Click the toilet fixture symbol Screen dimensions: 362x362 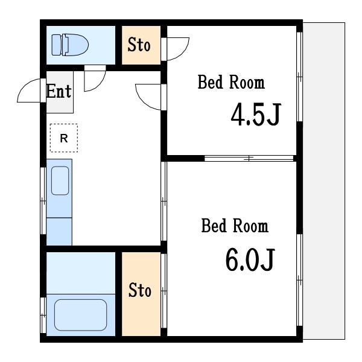69,44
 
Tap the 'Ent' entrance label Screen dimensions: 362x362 59,92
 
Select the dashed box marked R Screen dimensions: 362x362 63,138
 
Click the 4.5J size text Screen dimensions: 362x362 255,116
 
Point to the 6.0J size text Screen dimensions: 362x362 250,259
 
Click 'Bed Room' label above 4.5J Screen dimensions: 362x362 231,83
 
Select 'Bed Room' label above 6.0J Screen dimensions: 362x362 235,226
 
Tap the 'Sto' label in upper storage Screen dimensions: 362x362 139,45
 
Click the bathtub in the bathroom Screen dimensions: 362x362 80,314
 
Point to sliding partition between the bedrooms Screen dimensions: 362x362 249,159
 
